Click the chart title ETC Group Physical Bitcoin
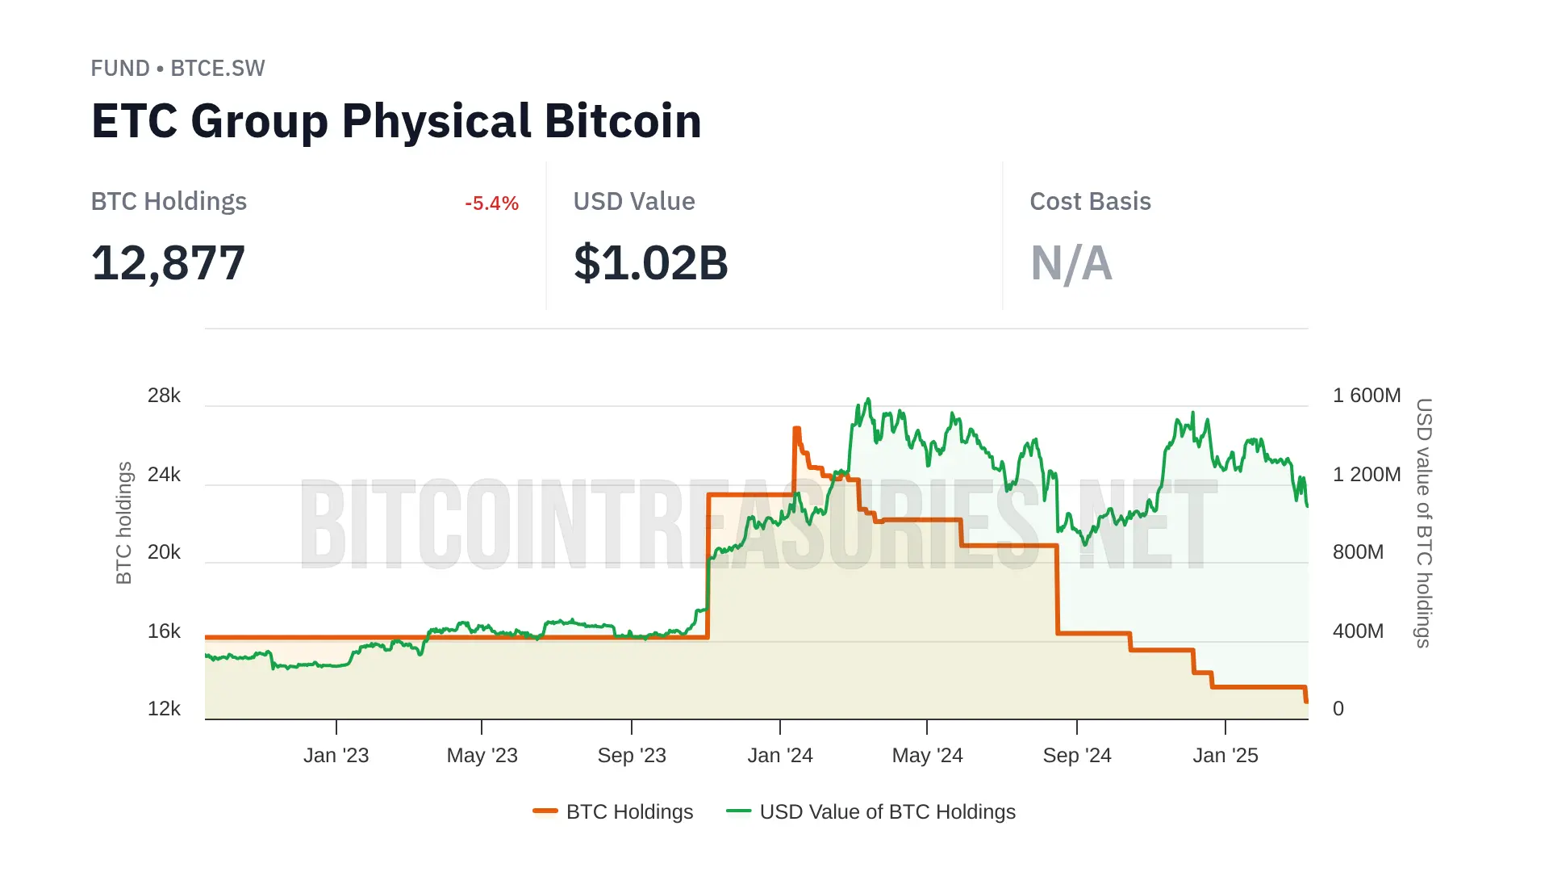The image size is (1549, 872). (x=396, y=121)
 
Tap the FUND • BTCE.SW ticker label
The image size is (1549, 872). (x=177, y=69)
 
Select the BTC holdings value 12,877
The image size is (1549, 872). (x=168, y=263)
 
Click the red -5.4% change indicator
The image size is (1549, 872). (x=491, y=203)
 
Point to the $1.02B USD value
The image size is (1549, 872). (x=650, y=263)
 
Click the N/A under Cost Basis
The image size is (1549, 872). (x=1071, y=263)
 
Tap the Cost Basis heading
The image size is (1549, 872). (x=1090, y=202)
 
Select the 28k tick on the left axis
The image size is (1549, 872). (x=164, y=396)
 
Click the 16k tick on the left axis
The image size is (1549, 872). (x=164, y=631)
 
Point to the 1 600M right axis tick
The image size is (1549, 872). (x=1366, y=396)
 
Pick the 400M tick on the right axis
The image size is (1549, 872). (x=1358, y=631)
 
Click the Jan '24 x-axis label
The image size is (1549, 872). (x=779, y=756)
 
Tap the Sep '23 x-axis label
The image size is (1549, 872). (x=631, y=756)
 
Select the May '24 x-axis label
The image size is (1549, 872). (x=927, y=756)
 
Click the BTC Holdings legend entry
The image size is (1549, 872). (x=628, y=812)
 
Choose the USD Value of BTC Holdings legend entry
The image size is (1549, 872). (x=887, y=812)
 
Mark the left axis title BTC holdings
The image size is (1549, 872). (x=123, y=523)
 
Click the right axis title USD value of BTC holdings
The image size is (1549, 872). (x=1424, y=523)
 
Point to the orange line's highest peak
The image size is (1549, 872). (x=796, y=429)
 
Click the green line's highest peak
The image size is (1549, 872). (x=868, y=399)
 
